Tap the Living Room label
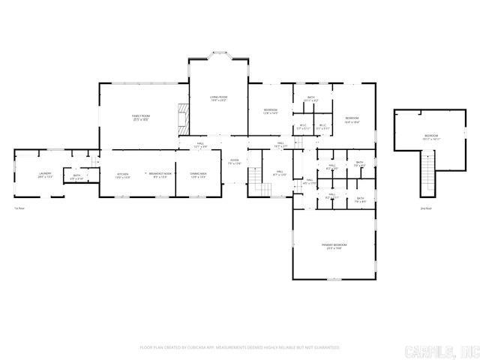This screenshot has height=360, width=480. click(x=218, y=98)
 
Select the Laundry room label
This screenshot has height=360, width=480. click(x=45, y=175)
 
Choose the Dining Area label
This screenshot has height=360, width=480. click(x=198, y=175)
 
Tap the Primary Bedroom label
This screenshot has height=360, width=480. click(x=330, y=246)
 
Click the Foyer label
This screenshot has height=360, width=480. click(x=235, y=160)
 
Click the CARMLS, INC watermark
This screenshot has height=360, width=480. click(x=442, y=350)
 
